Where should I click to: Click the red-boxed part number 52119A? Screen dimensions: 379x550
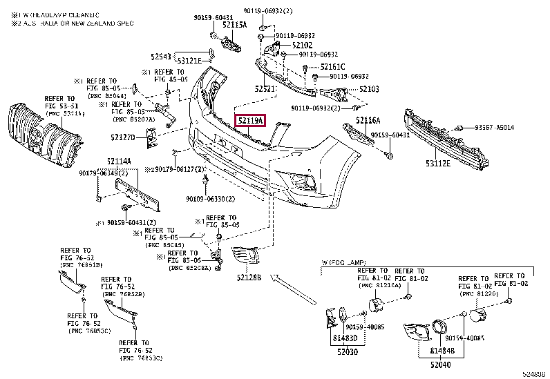[x=250, y=121]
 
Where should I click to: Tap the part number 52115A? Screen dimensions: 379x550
[x=234, y=24]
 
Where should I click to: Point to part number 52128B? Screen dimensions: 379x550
[x=247, y=277]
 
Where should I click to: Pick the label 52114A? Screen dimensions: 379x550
[x=119, y=162]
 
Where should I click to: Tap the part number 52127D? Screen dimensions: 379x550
[x=124, y=137]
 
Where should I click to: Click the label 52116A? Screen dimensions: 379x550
[x=368, y=121]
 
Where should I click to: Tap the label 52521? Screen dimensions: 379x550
[x=265, y=88]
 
